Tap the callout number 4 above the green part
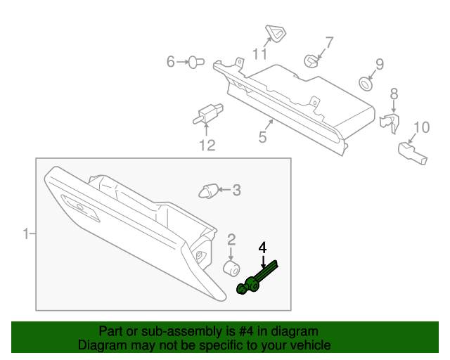pos(263,247)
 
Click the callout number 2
pos(231,240)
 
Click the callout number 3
pos(236,190)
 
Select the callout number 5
pos(262,137)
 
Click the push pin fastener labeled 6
pos(195,63)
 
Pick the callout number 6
pos(170,63)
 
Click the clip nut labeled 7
pos(311,60)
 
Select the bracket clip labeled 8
pos(389,121)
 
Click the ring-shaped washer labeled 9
pos(366,84)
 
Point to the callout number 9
pos(379,65)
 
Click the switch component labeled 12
pos(207,112)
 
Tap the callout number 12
pos(206,146)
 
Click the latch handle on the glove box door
pos(75,207)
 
